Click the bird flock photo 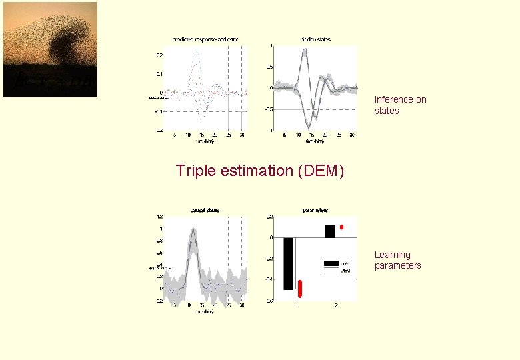coord(50,49)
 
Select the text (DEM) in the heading coord(322,171)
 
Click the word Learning coord(392,255)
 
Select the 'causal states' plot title coord(205,211)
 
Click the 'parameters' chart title coord(315,211)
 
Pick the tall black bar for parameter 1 coord(288,263)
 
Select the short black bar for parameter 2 coord(330,231)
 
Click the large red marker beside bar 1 coord(300,288)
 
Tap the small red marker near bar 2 coord(341,227)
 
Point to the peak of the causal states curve coord(193,229)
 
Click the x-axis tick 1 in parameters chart coord(295,305)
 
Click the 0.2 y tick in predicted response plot coord(159,55)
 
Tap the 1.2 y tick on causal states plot coord(159,217)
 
